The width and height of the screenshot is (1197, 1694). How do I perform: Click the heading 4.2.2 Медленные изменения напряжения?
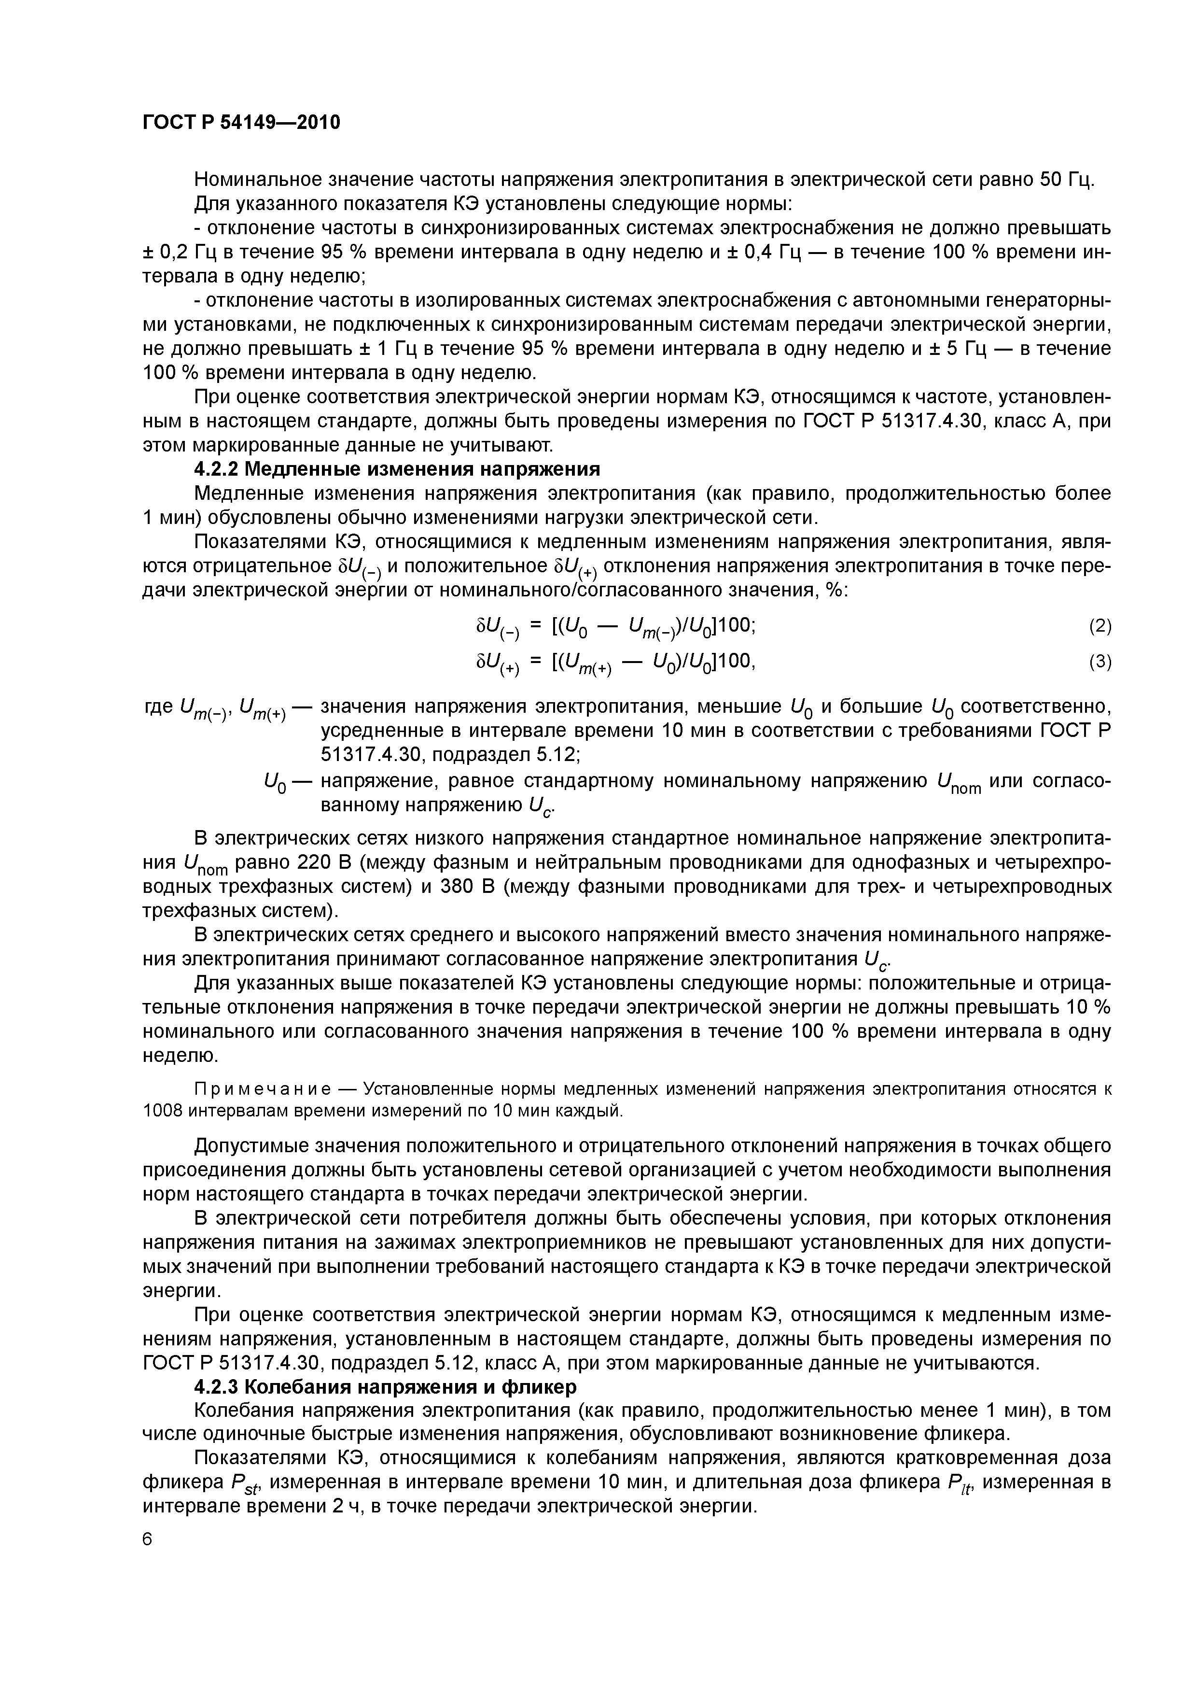tap(396, 469)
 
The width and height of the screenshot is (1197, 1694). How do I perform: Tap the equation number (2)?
tap(1100, 626)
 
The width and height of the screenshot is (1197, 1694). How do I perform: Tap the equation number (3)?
tap(1100, 662)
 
